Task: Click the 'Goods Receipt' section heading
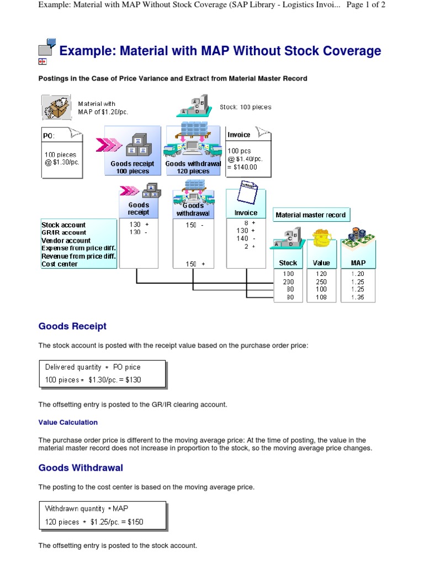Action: pyautogui.click(x=72, y=326)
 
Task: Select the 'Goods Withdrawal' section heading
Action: pyautogui.click(x=81, y=468)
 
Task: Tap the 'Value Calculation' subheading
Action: pyautogui.click(x=68, y=422)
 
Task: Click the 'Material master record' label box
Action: pyautogui.click(x=311, y=215)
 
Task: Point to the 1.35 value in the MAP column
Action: pyautogui.click(x=358, y=297)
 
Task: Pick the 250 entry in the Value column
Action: pyautogui.click(x=321, y=282)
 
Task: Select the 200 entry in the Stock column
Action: pyautogui.click(x=288, y=282)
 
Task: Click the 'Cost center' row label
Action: pyautogui.click(x=60, y=264)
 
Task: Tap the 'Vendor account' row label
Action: pyautogui.click(x=66, y=241)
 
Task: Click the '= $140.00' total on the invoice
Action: pyautogui.click(x=242, y=167)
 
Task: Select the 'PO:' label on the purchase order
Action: pyautogui.click(x=49, y=136)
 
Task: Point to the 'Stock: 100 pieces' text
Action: pyautogui.click(x=246, y=107)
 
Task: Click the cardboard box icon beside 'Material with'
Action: pyautogui.click(x=56, y=107)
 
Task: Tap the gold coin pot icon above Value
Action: pyautogui.click(x=322, y=238)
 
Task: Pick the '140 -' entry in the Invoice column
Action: pyautogui.click(x=246, y=238)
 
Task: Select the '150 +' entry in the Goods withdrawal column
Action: pyautogui.click(x=195, y=264)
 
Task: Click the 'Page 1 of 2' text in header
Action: pyautogui.click(x=365, y=4)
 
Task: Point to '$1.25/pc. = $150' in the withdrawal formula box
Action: pyautogui.click(x=117, y=522)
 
